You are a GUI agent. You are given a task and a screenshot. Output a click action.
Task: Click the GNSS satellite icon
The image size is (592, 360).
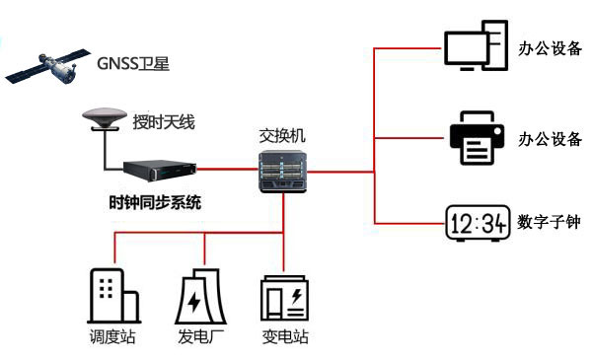[43, 64]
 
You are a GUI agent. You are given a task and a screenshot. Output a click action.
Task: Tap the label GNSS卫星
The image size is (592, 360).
[133, 66]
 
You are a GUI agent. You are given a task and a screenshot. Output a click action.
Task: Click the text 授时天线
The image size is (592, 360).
[164, 123]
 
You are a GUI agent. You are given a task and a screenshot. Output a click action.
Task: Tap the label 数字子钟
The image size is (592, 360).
[549, 224]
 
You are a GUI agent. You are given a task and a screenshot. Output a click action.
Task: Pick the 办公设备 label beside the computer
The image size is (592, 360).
[550, 46]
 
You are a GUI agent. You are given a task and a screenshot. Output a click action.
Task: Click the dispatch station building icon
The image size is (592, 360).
[111, 293]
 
